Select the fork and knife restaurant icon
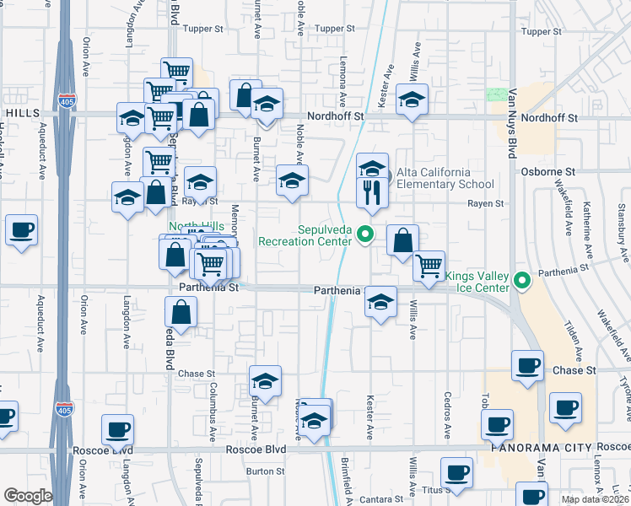point(372,193)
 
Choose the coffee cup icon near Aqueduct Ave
point(21,229)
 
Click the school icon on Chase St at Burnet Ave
point(265,381)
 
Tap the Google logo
point(28,496)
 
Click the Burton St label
point(265,471)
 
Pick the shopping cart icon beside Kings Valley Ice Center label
point(429,266)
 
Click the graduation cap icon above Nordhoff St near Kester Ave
point(412,100)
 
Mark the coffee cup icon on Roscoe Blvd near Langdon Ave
point(117,429)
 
